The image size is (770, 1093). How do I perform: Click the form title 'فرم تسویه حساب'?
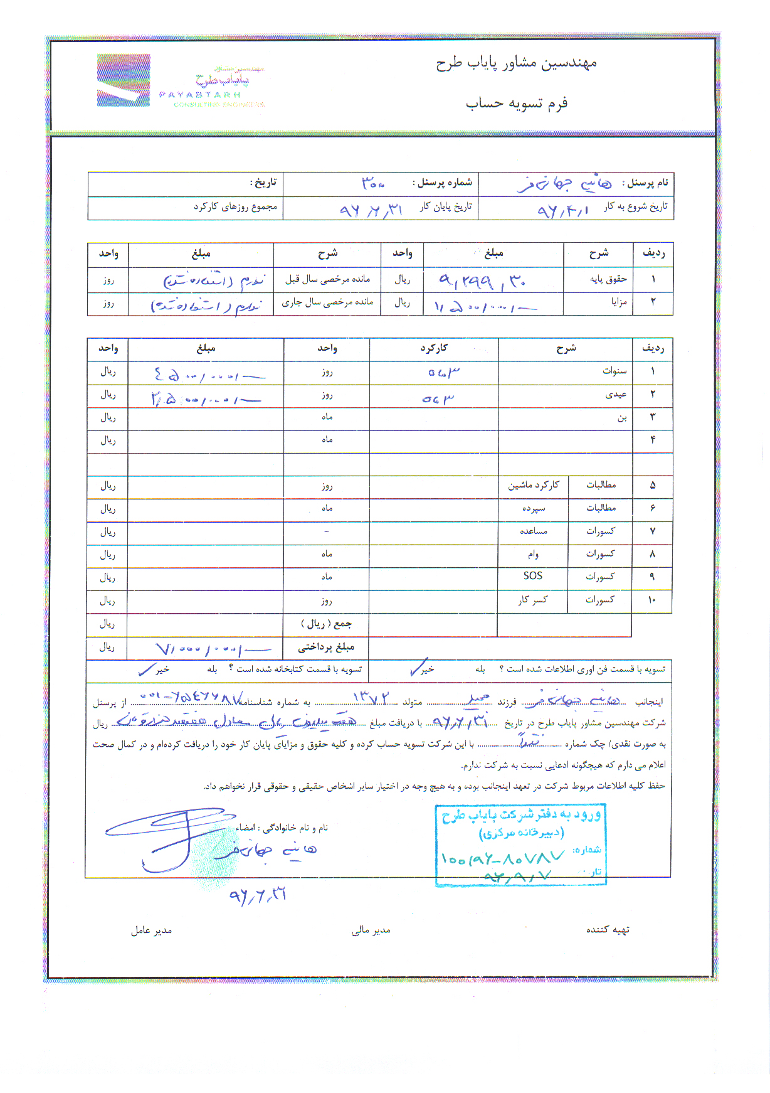(516, 103)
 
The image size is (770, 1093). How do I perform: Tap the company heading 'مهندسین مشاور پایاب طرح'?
(516, 63)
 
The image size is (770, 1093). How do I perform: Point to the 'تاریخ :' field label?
(263, 183)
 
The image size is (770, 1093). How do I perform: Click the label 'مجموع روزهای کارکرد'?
(235, 206)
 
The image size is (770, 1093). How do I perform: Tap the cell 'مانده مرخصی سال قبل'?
(327, 279)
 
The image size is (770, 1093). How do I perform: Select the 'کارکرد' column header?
(434, 348)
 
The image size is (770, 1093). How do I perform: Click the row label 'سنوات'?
(614, 371)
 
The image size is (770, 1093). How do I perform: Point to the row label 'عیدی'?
(616, 394)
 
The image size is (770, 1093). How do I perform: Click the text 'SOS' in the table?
(532, 576)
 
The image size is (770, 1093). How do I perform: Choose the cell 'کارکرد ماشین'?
(533, 485)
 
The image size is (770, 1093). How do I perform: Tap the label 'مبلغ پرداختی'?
(326, 646)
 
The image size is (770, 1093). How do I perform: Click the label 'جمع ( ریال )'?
(326, 624)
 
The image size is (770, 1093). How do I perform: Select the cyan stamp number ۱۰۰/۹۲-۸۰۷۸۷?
(502, 857)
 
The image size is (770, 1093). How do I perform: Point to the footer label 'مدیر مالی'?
(371, 930)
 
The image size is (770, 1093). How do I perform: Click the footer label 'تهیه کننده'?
(608, 930)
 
